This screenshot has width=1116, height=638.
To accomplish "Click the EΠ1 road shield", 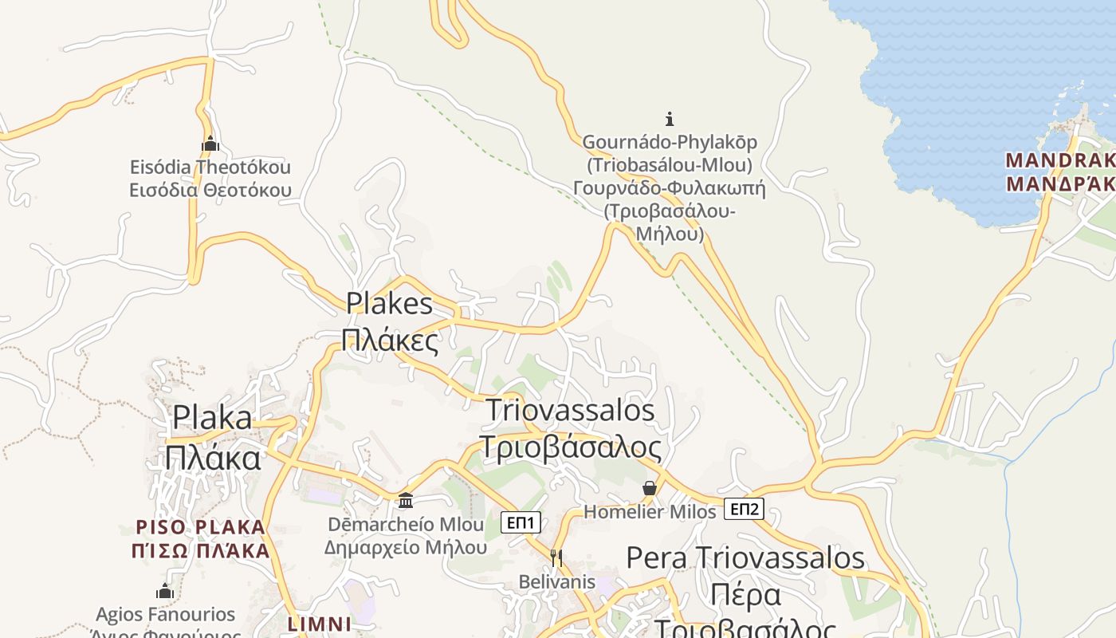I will pyautogui.click(x=521, y=523).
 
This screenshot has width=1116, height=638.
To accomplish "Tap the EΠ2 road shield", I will pyautogui.click(x=744, y=509).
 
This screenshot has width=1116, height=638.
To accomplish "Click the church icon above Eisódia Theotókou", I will pyautogui.click(x=210, y=144).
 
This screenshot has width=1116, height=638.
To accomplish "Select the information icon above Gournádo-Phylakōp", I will pyautogui.click(x=670, y=119).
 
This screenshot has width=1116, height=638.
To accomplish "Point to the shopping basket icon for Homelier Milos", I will pyautogui.click(x=650, y=488).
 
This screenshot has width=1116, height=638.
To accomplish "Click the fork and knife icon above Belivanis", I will pyautogui.click(x=556, y=557).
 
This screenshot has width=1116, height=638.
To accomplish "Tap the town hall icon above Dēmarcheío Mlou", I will pyautogui.click(x=406, y=500).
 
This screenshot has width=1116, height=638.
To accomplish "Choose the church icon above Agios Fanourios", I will pyautogui.click(x=165, y=591).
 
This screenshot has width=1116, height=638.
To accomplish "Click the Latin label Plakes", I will pyautogui.click(x=389, y=303).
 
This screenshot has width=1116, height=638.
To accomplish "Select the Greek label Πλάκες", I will pyautogui.click(x=390, y=340).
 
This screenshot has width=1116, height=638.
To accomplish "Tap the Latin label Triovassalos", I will pyautogui.click(x=570, y=410).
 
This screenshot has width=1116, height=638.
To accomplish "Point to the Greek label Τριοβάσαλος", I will pyautogui.click(x=570, y=447).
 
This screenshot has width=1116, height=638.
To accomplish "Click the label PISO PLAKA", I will pyautogui.click(x=200, y=527).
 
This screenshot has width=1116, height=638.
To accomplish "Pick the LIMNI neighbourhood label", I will pyautogui.click(x=319, y=624).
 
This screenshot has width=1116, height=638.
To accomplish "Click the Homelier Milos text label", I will pyautogui.click(x=650, y=511).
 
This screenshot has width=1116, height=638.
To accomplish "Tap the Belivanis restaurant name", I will pyautogui.click(x=556, y=581).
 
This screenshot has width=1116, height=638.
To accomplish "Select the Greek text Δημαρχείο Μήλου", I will pyautogui.click(x=405, y=548).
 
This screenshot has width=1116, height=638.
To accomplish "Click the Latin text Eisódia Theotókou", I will pyautogui.click(x=210, y=167).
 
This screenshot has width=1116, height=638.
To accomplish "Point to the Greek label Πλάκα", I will pyautogui.click(x=213, y=458).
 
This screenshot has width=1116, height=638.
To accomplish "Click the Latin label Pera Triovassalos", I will pyautogui.click(x=745, y=557).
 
